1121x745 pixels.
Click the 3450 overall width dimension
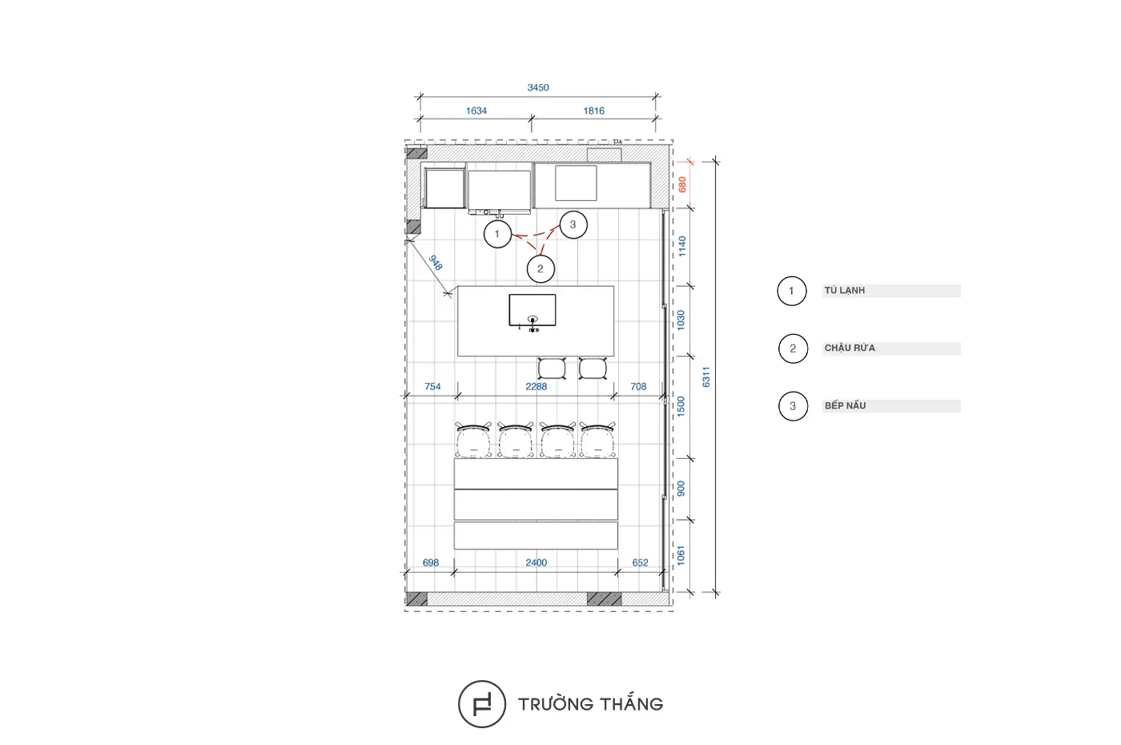tap(538, 87)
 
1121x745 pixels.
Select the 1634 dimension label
tap(476, 111)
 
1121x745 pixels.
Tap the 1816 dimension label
tap(594, 111)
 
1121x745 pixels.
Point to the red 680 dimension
tap(682, 184)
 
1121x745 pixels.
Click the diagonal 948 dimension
tap(436, 263)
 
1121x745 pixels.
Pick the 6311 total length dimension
tap(706, 377)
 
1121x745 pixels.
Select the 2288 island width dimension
tap(536, 386)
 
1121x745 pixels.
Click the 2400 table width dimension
tap(536, 562)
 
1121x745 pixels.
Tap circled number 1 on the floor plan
tap(497, 234)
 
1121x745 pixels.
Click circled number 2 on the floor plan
tap(540, 269)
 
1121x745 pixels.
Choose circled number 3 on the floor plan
tap(573, 225)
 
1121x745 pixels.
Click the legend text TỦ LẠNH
tap(845, 290)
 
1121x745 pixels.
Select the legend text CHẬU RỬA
tap(850, 348)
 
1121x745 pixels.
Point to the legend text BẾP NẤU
tap(846, 405)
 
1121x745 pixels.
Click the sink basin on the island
tap(532, 311)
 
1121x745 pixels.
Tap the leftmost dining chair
tap(473, 440)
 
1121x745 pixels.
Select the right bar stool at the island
tap(593, 368)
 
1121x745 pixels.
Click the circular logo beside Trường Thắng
tap(482, 704)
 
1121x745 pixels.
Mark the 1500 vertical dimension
tap(681, 407)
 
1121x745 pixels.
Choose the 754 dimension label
tap(432, 386)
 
